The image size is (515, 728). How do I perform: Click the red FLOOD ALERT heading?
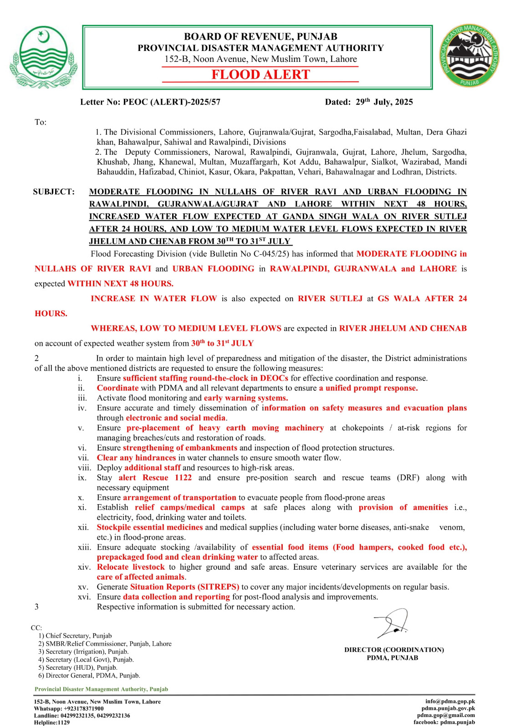point(260,75)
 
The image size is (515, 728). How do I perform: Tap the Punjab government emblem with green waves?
point(43,57)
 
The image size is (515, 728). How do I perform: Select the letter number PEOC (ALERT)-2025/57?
point(171,102)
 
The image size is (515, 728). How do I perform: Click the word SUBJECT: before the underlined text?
point(54,192)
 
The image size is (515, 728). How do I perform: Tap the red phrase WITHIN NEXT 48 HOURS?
point(120,283)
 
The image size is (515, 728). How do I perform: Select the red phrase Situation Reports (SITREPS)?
point(184,587)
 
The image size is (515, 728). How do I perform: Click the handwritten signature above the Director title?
point(392,623)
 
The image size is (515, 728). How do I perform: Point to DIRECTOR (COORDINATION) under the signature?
point(394,650)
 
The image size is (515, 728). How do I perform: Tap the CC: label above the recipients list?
point(36,627)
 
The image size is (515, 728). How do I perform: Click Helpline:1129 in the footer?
point(52,722)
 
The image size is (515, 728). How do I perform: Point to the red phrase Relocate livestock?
point(131,567)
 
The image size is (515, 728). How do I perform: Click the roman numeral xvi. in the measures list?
point(84,597)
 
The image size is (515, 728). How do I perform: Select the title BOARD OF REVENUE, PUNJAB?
point(260,36)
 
